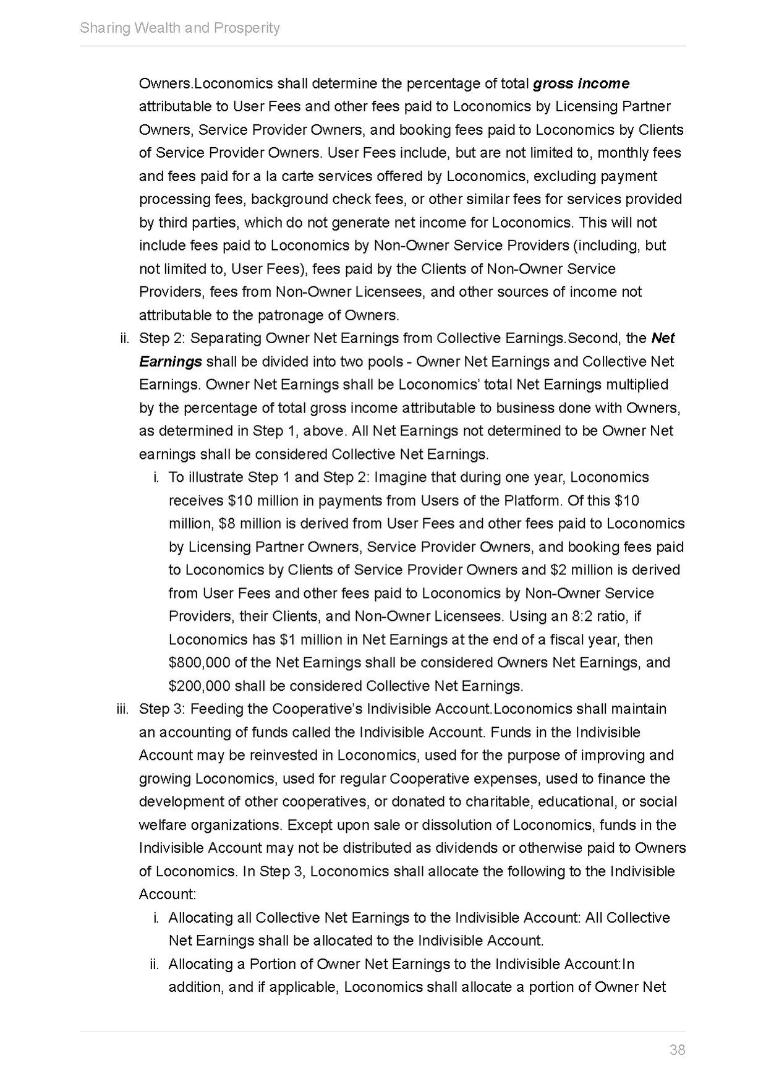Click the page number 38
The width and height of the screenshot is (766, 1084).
pos(677,1049)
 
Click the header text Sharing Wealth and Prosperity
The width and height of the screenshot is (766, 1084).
pos(180,28)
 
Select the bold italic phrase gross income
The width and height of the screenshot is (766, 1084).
pos(581,83)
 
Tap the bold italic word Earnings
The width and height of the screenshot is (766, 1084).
pos(170,362)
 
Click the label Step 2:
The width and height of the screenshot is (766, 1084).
pos(163,338)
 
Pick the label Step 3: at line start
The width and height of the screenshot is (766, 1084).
pos(163,709)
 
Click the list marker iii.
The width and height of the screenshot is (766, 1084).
pos(122,709)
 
